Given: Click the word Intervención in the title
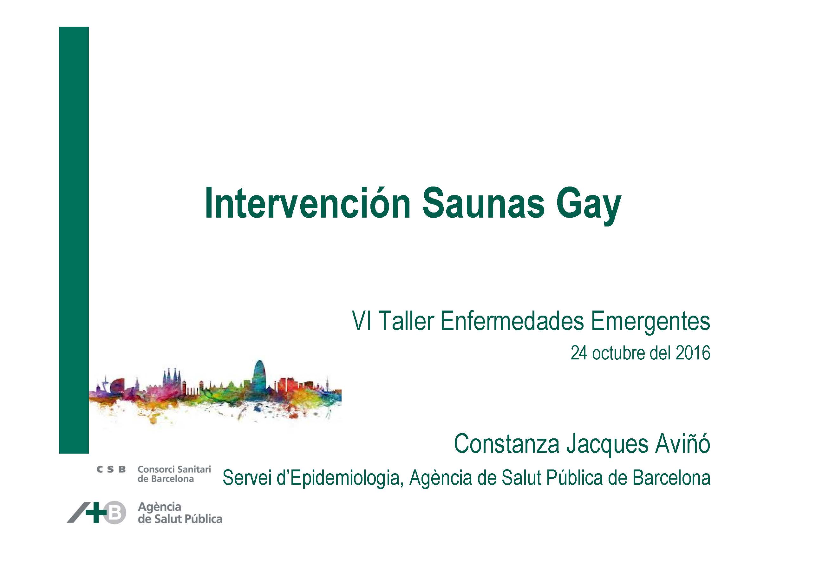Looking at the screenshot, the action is pyautogui.click(x=308, y=203).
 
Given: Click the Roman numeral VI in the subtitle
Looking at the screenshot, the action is pyautogui.click(x=362, y=321).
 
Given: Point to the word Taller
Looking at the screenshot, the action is pyautogui.click(x=406, y=321).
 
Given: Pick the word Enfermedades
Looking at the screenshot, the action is pyautogui.click(x=512, y=321).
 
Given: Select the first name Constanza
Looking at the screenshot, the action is pyautogui.click(x=507, y=444).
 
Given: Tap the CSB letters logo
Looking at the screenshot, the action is pyautogui.click(x=111, y=470).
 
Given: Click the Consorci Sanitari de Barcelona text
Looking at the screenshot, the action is pyautogui.click(x=174, y=474).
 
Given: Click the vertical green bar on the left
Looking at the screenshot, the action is pyautogui.click(x=74, y=240).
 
